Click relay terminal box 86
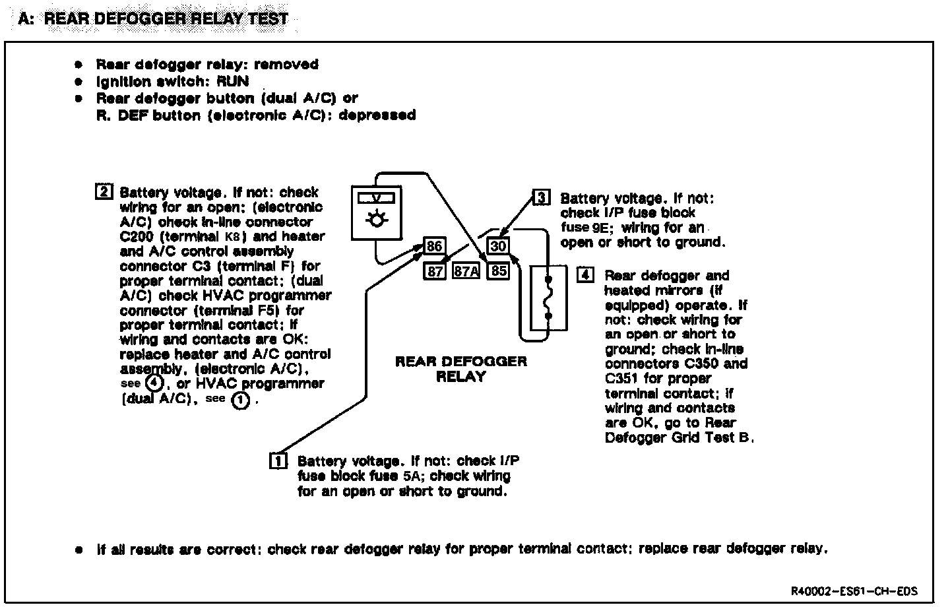[x=434, y=247]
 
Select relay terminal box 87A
[x=465, y=271]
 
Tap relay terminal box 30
[x=498, y=247]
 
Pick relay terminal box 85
[x=498, y=271]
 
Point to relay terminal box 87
[x=434, y=271]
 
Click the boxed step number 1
[x=278, y=460]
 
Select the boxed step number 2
[x=104, y=192]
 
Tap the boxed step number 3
[x=541, y=197]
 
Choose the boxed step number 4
[x=585, y=274]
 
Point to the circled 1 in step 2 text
[x=240, y=399]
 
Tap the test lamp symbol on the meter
[x=377, y=218]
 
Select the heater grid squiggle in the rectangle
[x=548, y=299]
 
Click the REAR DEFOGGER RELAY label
[x=461, y=369]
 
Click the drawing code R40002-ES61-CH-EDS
[x=854, y=591]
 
